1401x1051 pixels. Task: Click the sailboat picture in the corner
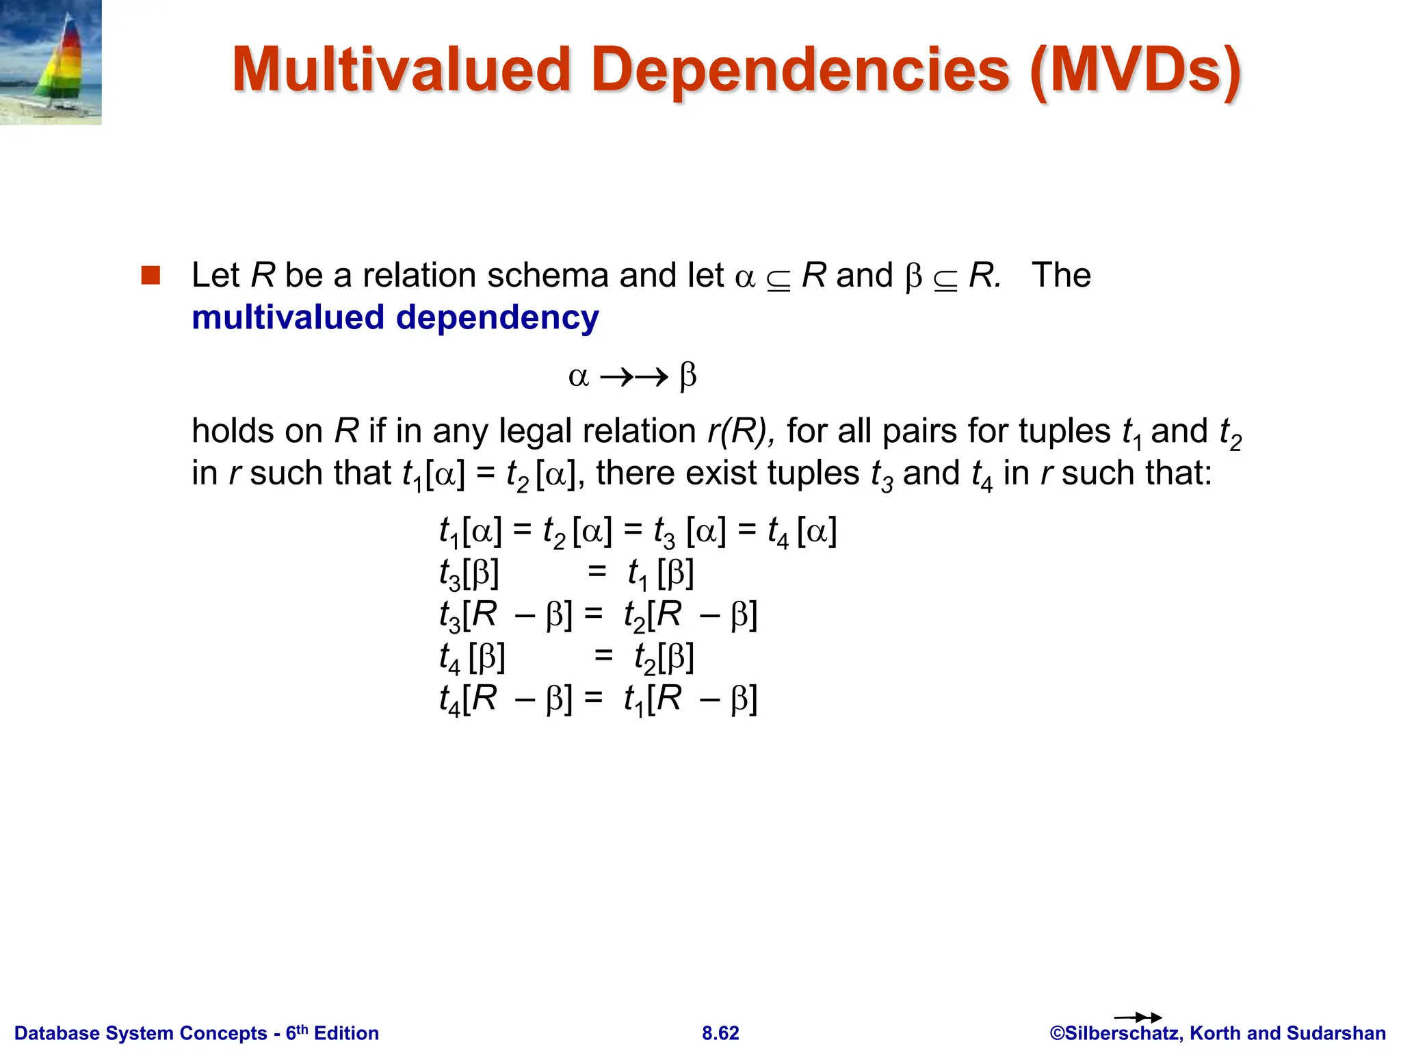(x=51, y=62)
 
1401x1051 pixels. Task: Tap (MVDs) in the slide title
(x=1135, y=70)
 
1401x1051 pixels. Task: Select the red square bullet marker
(x=150, y=275)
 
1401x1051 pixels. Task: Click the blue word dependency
(x=497, y=318)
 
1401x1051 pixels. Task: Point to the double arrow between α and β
(x=633, y=377)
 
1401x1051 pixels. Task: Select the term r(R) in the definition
(x=739, y=431)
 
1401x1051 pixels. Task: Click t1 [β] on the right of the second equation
(x=661, y=573)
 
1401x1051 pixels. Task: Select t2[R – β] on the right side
(x=690, y=615)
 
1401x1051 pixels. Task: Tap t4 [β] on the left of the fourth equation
(x=472, y=658)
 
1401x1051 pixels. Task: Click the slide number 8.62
(x=720, y=1033)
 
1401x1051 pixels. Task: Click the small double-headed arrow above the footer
(x=1138, y=1017)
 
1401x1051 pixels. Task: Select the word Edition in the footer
(x=346, y=1033)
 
